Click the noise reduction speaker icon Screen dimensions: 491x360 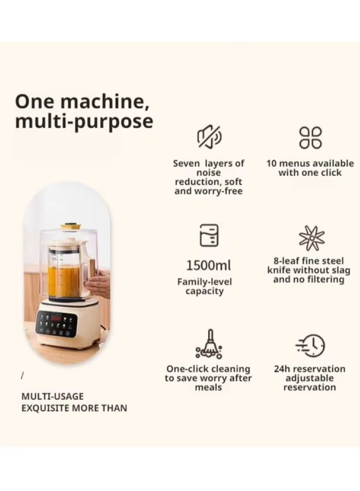click(209, 137)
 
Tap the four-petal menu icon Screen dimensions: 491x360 click(310, 137)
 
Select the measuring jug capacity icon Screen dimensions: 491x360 click(209, 235)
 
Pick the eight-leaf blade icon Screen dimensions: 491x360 click(312, 238)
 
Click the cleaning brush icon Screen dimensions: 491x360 click(208, 344)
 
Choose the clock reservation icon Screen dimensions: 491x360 click(311, 345)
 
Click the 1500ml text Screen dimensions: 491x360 click(208, 266)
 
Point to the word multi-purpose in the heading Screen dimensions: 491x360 click(84, 122)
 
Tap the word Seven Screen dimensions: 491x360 click(185, 164)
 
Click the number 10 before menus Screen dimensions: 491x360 click(272, 164)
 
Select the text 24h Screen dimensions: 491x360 click(283, 369)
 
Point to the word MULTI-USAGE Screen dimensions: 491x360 click(52, 396)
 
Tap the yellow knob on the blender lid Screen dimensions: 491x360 click(70, 226)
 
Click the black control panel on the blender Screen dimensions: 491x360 click(56, 324)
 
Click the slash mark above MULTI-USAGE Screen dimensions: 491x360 click(22, 376)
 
